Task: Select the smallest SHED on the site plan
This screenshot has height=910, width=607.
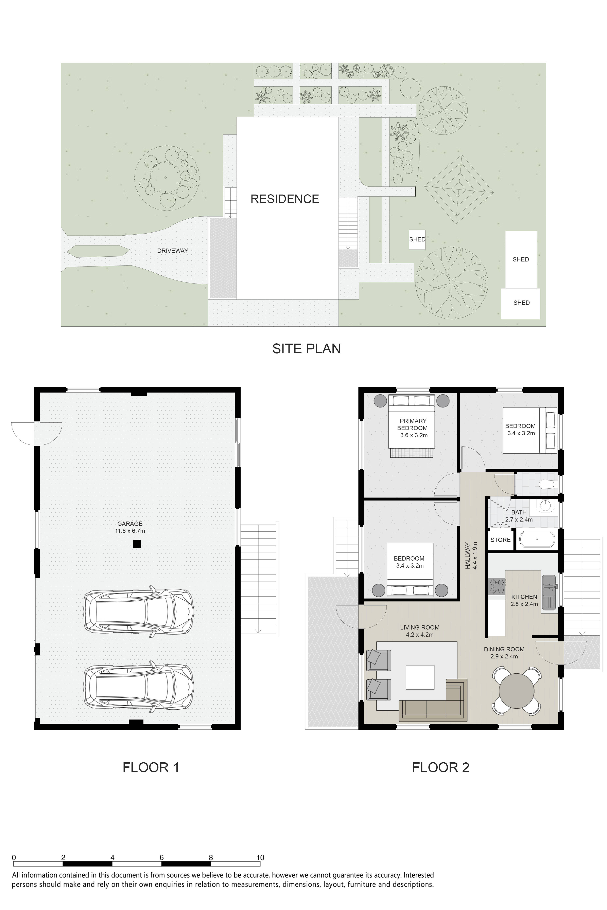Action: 417,239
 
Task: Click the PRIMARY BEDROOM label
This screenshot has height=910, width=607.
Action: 413,424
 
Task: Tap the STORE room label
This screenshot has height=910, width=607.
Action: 501,540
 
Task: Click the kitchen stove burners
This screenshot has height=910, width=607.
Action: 497,586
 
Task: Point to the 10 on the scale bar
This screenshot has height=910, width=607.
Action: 260,857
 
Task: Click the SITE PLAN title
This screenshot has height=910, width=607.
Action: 307,349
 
